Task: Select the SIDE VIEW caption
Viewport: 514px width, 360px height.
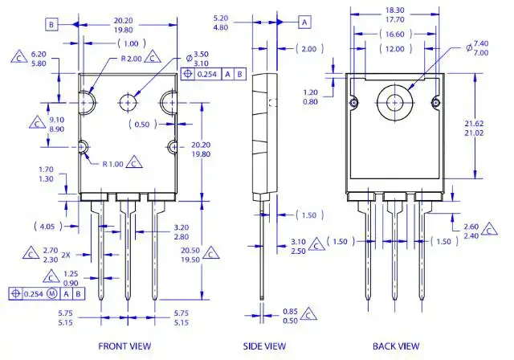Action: pos(264,346)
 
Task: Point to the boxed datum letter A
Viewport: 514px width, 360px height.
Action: pos(305,21)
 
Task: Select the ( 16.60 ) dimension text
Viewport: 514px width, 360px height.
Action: pos(393,34)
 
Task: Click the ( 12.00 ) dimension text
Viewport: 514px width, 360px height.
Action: pos(393,49)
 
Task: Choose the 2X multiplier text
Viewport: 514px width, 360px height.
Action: pos(65,255)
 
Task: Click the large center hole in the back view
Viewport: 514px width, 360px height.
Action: pos(394,102)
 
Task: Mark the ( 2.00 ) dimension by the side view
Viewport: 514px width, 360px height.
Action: pos(309,49)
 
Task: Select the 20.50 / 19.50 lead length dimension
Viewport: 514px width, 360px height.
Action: pos(190,255)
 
